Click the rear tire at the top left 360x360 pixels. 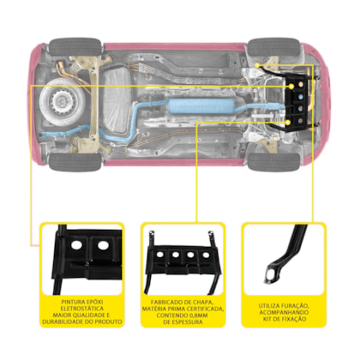75,47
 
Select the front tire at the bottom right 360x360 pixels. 273,162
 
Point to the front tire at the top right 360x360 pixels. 273,47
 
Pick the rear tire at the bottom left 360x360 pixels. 75,162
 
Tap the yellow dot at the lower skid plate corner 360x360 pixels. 289,123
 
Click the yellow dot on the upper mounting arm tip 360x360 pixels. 257,65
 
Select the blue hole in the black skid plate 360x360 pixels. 300,97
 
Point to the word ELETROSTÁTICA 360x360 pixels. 82,309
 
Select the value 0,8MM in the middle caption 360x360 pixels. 198,315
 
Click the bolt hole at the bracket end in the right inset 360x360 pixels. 270,275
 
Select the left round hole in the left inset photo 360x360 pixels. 77,245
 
